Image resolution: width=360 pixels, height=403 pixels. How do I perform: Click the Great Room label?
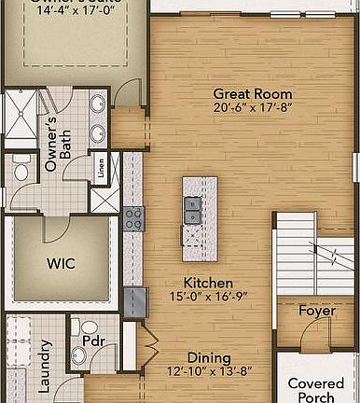click(x=252, y=93)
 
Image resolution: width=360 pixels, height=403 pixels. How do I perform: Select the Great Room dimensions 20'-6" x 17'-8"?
click(x=252, y=107)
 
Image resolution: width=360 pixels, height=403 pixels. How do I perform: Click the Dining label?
click(x=210, y=356)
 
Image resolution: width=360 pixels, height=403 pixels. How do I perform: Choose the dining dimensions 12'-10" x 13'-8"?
click(x=210, y=370)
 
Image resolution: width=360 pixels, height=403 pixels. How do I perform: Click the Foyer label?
click(x=317, y=311)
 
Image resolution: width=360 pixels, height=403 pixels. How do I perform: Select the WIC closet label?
click(x=61, y=263)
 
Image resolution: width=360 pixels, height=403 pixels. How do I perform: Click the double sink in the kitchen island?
click(x=192, y=211)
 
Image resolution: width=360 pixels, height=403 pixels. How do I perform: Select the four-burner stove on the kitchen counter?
click(x=133, y=219)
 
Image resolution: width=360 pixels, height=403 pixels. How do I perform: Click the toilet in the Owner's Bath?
click(x=21, y=170)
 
